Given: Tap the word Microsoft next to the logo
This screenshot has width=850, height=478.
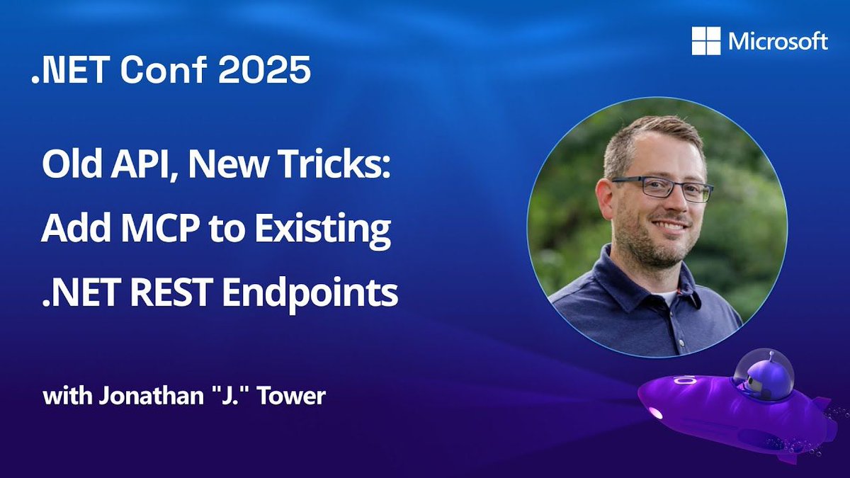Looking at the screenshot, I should pyautogui.click(x=778, y=42).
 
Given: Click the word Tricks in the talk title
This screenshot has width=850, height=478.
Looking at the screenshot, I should pyautogui.click(x=338, y=167).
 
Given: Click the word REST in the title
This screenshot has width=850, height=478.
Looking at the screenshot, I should pyautogui.click(x=174, y=292).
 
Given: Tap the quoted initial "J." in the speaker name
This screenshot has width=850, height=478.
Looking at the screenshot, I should pyautogui.click(x=234, y=395).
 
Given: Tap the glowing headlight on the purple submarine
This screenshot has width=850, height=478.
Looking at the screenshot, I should pyautogui.click(x=655, y=413).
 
